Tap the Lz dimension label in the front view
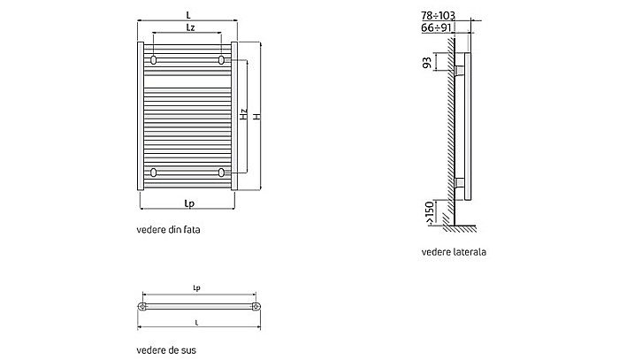(190, 27)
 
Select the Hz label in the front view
(243, 114)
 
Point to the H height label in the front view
(256, 116)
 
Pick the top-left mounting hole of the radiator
(155, 60)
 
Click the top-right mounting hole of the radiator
(221, 60)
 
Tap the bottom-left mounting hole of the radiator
(155, 172)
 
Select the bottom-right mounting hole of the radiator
(221, 172)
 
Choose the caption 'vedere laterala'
(454, 251)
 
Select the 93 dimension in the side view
(426, 63)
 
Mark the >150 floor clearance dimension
(429, 212)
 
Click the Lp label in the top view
(195, 288)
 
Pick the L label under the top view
(196, 323)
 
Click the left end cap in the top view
(141, 307)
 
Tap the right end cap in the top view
(256, 307)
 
